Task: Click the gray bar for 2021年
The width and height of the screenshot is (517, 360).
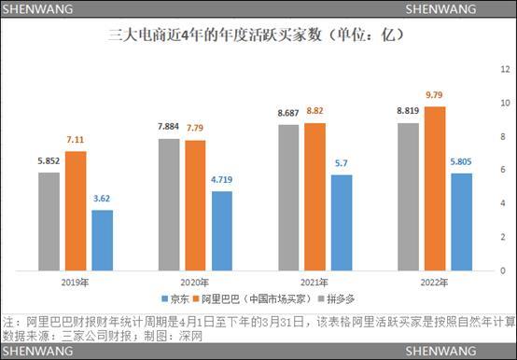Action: point(290,198)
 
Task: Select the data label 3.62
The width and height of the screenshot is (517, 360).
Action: point(102,199)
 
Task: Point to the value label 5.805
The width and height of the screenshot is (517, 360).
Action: point(462,161)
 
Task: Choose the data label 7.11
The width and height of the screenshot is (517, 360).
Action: point(75,139)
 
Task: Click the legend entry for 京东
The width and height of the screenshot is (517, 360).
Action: point(175,299)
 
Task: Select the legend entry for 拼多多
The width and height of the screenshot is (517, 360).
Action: point(339,299)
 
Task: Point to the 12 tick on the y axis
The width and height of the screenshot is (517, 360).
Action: point(504,69)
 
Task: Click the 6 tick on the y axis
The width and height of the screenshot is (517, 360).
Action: point(504,170)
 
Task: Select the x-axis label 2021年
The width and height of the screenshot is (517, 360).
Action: point(315,283)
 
